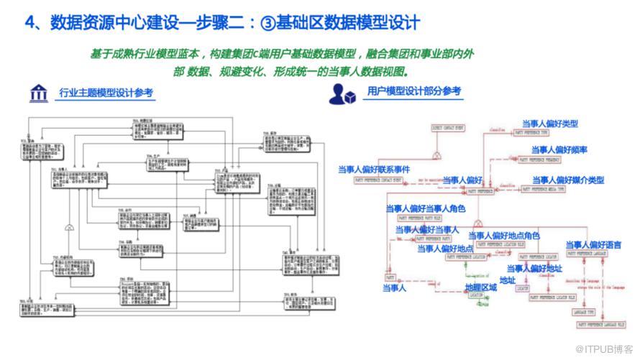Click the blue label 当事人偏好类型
click(549, 124)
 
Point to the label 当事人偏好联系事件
click(374, 170)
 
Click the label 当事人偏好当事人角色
click(425, 209)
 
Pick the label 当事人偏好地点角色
click(503, 235)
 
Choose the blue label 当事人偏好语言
click(593, 245)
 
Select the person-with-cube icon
click(343, 93)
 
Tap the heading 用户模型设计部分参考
click(413, 92)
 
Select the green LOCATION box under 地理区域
click(475, 295)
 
